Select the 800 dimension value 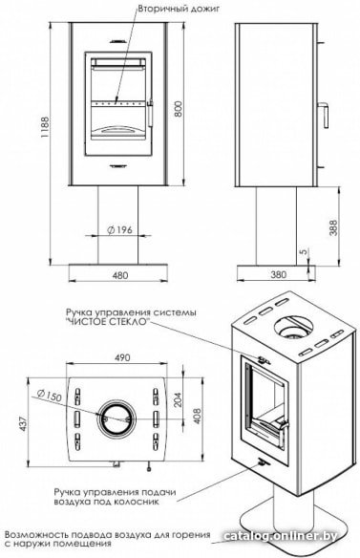(179, 109)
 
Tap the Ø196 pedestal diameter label (119, 230)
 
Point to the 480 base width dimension (120, 275)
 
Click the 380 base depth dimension (278, 274)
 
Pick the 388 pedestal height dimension (333, 227)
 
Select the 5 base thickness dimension (303, 251)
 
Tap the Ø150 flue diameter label (50, 396)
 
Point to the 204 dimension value (178, 399)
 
